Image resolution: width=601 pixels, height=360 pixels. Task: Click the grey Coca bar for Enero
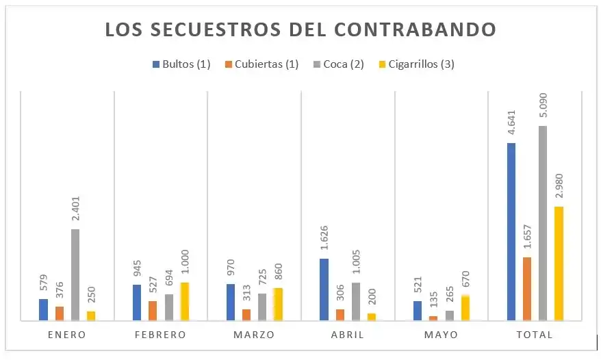coord(75,274)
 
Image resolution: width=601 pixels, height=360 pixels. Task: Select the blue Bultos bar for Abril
coord(324,289)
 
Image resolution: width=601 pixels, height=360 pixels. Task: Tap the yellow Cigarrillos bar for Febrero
coord(185,301)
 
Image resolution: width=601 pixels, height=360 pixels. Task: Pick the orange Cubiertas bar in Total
coord(527,288)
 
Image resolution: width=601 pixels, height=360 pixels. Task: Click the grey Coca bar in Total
coord(543,222)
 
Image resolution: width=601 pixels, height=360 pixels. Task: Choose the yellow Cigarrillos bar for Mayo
coord(465,308)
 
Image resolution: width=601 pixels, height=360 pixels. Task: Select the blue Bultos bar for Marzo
coord(231,302)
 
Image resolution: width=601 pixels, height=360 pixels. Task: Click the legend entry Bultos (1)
coord(181,64)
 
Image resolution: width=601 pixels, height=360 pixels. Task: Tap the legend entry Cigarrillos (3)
coord(417,64)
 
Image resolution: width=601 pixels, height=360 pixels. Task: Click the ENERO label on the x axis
coord(67,335)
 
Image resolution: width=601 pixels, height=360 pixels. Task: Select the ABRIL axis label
coord(348,335)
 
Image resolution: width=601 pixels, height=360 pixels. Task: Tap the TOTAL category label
coord(535,335)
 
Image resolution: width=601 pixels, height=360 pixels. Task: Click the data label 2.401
coord(76,209)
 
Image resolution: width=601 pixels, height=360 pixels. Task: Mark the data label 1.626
coord(324,238)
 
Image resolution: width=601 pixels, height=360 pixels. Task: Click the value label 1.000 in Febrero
coord(186,263)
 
